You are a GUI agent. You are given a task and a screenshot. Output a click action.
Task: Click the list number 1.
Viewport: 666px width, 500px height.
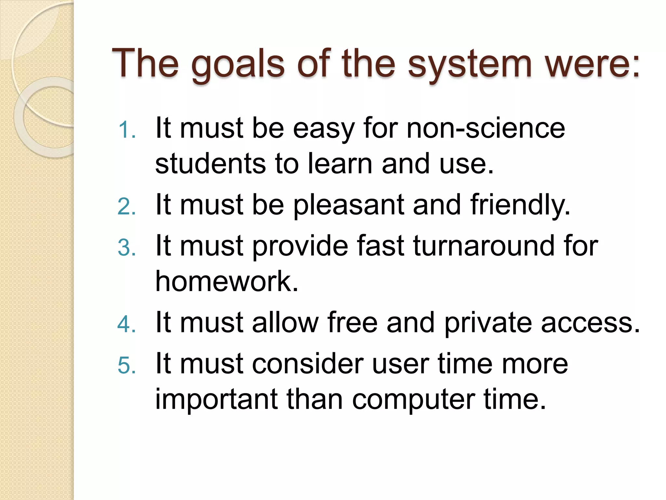point(127,130)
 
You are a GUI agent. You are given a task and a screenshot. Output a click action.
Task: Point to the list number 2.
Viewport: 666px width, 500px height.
point(127,207)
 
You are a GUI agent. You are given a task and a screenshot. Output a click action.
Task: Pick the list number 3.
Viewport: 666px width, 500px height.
point(127,248)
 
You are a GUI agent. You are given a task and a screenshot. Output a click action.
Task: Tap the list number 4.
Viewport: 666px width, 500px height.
point(127,325)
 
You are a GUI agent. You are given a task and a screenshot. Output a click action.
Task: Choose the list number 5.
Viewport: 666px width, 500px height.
point(127,365)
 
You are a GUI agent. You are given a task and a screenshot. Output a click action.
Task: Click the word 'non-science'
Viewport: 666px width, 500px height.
point(486,129)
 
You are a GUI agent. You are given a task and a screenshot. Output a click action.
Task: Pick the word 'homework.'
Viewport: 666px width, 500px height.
point(227,281)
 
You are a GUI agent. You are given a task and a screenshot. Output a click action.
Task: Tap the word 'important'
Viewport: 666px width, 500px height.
point(217,400)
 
